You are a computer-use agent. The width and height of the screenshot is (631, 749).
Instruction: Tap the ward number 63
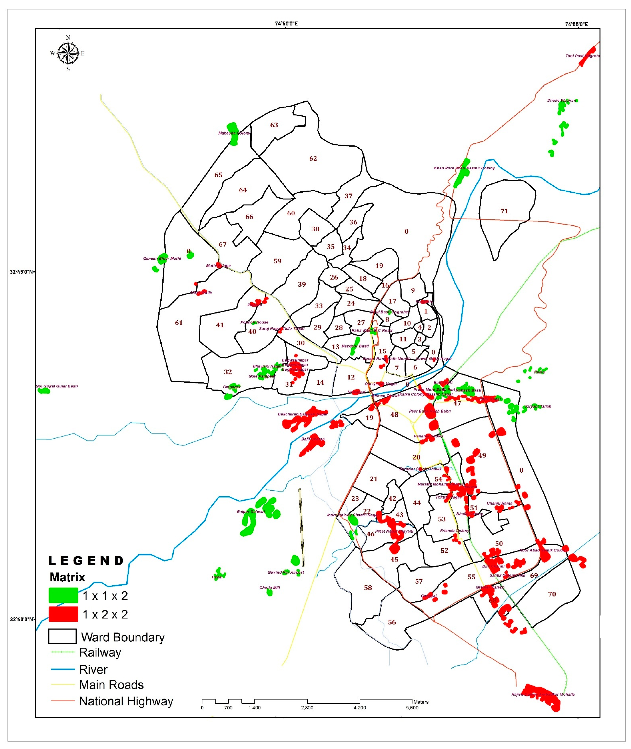tap(274, 125)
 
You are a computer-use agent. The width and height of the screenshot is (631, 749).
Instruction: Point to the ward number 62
tap(313, 158)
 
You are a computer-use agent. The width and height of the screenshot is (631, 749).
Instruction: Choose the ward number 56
tap(392, 622)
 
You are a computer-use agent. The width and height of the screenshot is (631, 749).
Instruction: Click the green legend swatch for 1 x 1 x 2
tap(63, 595)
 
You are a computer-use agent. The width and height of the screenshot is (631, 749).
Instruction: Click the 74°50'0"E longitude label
tap(286, 24)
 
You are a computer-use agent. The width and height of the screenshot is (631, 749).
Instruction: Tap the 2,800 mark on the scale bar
tap(307, 708)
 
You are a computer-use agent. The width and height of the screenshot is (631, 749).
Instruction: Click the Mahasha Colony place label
tap(234, 133)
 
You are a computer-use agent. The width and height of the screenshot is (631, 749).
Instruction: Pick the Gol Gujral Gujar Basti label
tap(57, 386)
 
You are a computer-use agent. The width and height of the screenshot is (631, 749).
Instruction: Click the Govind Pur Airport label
tap(286, 572)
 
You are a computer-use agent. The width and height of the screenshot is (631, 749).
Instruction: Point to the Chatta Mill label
tap(270, 587)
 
